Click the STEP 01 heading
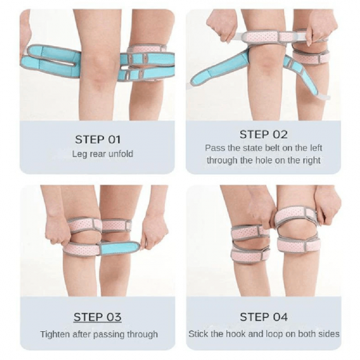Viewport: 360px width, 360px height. coord(98,139)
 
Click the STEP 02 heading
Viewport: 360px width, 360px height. coord(264,134)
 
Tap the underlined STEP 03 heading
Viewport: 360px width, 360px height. coord(98,317)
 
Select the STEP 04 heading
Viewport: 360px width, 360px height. coord(264,317)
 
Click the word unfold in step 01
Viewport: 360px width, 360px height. coord(120,154)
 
